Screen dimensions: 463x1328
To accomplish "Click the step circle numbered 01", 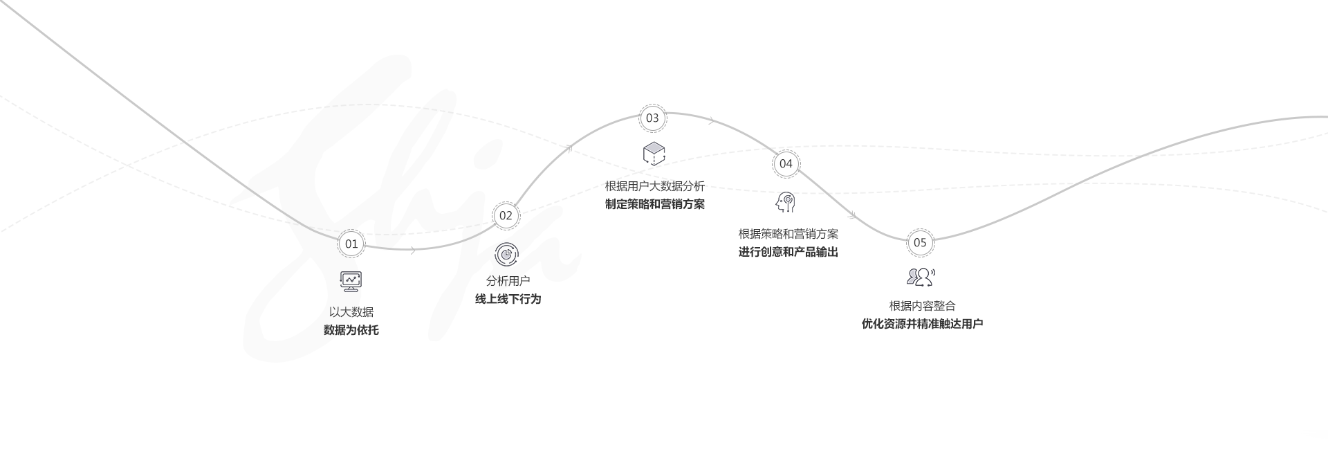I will [351, 244].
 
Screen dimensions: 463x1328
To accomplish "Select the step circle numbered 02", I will [506, 215].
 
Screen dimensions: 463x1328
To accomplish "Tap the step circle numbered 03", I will [652, 118].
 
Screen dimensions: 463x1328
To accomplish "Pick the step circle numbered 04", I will [786, 163].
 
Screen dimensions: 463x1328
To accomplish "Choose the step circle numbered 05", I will [920, 242].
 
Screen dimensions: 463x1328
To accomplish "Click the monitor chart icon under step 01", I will [351, 281].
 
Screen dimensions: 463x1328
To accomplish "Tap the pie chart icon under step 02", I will [507, 254].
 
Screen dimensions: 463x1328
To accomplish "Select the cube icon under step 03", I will [654, 154].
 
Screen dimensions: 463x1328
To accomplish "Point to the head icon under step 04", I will [786, 202].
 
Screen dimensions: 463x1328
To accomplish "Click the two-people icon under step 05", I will [921, 277].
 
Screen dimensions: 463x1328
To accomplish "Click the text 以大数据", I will [351, 312].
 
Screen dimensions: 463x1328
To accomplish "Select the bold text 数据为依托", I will [351, 330].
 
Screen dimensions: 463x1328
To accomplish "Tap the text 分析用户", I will [508, 281].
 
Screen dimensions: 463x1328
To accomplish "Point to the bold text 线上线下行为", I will [508, 299].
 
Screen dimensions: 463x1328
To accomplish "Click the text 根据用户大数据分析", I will [655, 186].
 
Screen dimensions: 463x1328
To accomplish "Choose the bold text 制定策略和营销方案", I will [655, 204].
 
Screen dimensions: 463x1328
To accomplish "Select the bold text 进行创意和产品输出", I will [788, 252].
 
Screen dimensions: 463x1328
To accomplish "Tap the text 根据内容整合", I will [922, 306].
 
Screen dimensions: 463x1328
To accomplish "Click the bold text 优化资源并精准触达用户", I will [922, 324].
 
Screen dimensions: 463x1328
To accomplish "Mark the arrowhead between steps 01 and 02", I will [413, 250].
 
